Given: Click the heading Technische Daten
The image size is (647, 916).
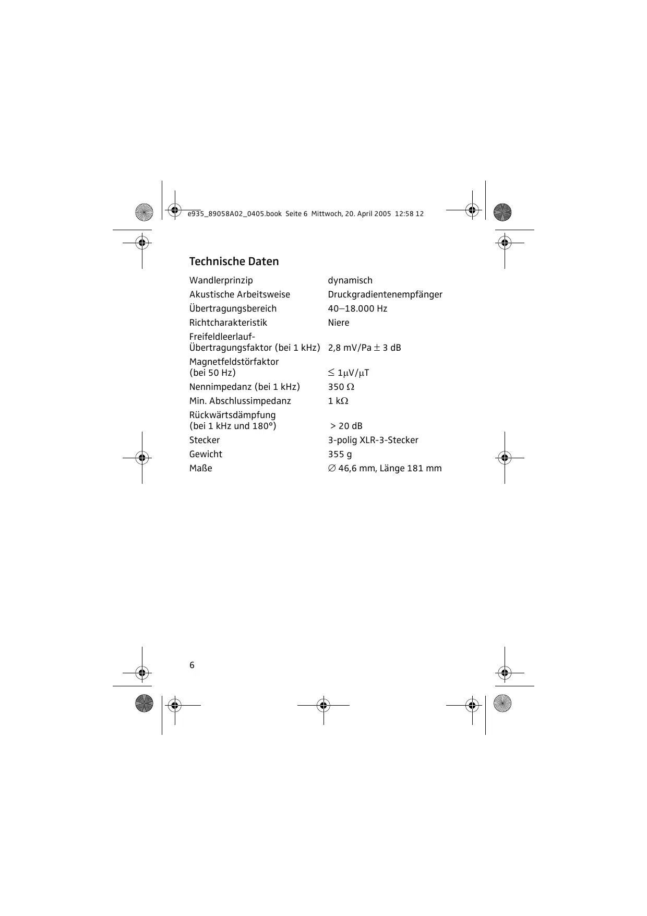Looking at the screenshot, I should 234,261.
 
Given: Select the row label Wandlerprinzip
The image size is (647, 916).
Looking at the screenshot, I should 221,281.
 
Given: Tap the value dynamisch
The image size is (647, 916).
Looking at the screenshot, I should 350,281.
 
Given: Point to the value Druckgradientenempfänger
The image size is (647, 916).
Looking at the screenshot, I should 385,295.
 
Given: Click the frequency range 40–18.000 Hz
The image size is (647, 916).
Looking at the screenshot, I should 357,309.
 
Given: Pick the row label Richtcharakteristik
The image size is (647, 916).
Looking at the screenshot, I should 228,323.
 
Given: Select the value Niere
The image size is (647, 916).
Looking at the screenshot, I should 339,323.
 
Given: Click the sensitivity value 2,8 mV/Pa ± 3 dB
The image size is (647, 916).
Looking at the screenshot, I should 364,348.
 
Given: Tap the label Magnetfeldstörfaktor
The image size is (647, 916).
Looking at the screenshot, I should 234,362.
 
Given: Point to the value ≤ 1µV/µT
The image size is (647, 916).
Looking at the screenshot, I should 349,373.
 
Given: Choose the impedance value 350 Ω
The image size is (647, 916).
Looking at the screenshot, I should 341,387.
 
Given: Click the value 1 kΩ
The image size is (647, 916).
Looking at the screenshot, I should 338,401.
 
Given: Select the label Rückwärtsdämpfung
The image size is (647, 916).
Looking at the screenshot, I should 232,415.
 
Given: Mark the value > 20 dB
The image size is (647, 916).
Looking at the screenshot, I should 346,426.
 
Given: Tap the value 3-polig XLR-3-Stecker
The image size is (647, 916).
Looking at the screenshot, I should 373,441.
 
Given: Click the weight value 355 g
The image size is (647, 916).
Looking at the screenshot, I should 340,455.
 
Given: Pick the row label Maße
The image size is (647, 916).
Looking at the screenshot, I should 201,469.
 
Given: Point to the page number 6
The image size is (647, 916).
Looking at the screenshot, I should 192,665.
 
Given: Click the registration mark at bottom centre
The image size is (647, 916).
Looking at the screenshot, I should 323,706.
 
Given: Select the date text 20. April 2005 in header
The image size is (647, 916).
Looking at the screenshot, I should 368,214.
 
